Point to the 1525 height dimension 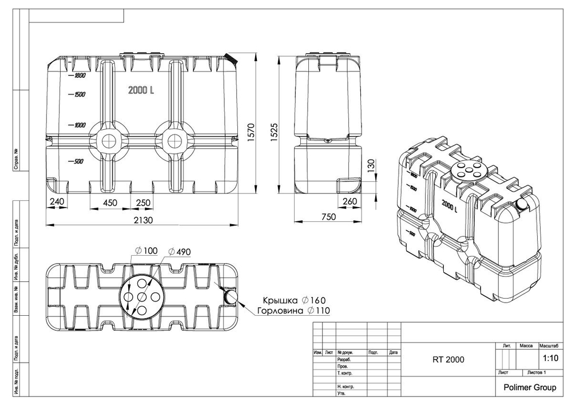[276, 132]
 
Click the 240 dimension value [57, 202]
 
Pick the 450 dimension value [110, 202]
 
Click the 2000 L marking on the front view [142, 90]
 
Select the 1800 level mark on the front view [78, 76]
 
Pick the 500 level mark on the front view [77, 161]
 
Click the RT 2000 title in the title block [448, 360]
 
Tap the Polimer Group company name [529, 387]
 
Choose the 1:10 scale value [550, 359]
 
